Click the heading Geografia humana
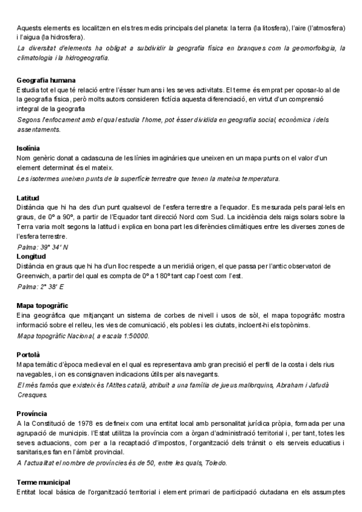click(50, 80)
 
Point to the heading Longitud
click(31, 256)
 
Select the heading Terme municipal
click(43, 482)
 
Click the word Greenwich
click(35, 276)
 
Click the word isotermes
click(45, 179)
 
